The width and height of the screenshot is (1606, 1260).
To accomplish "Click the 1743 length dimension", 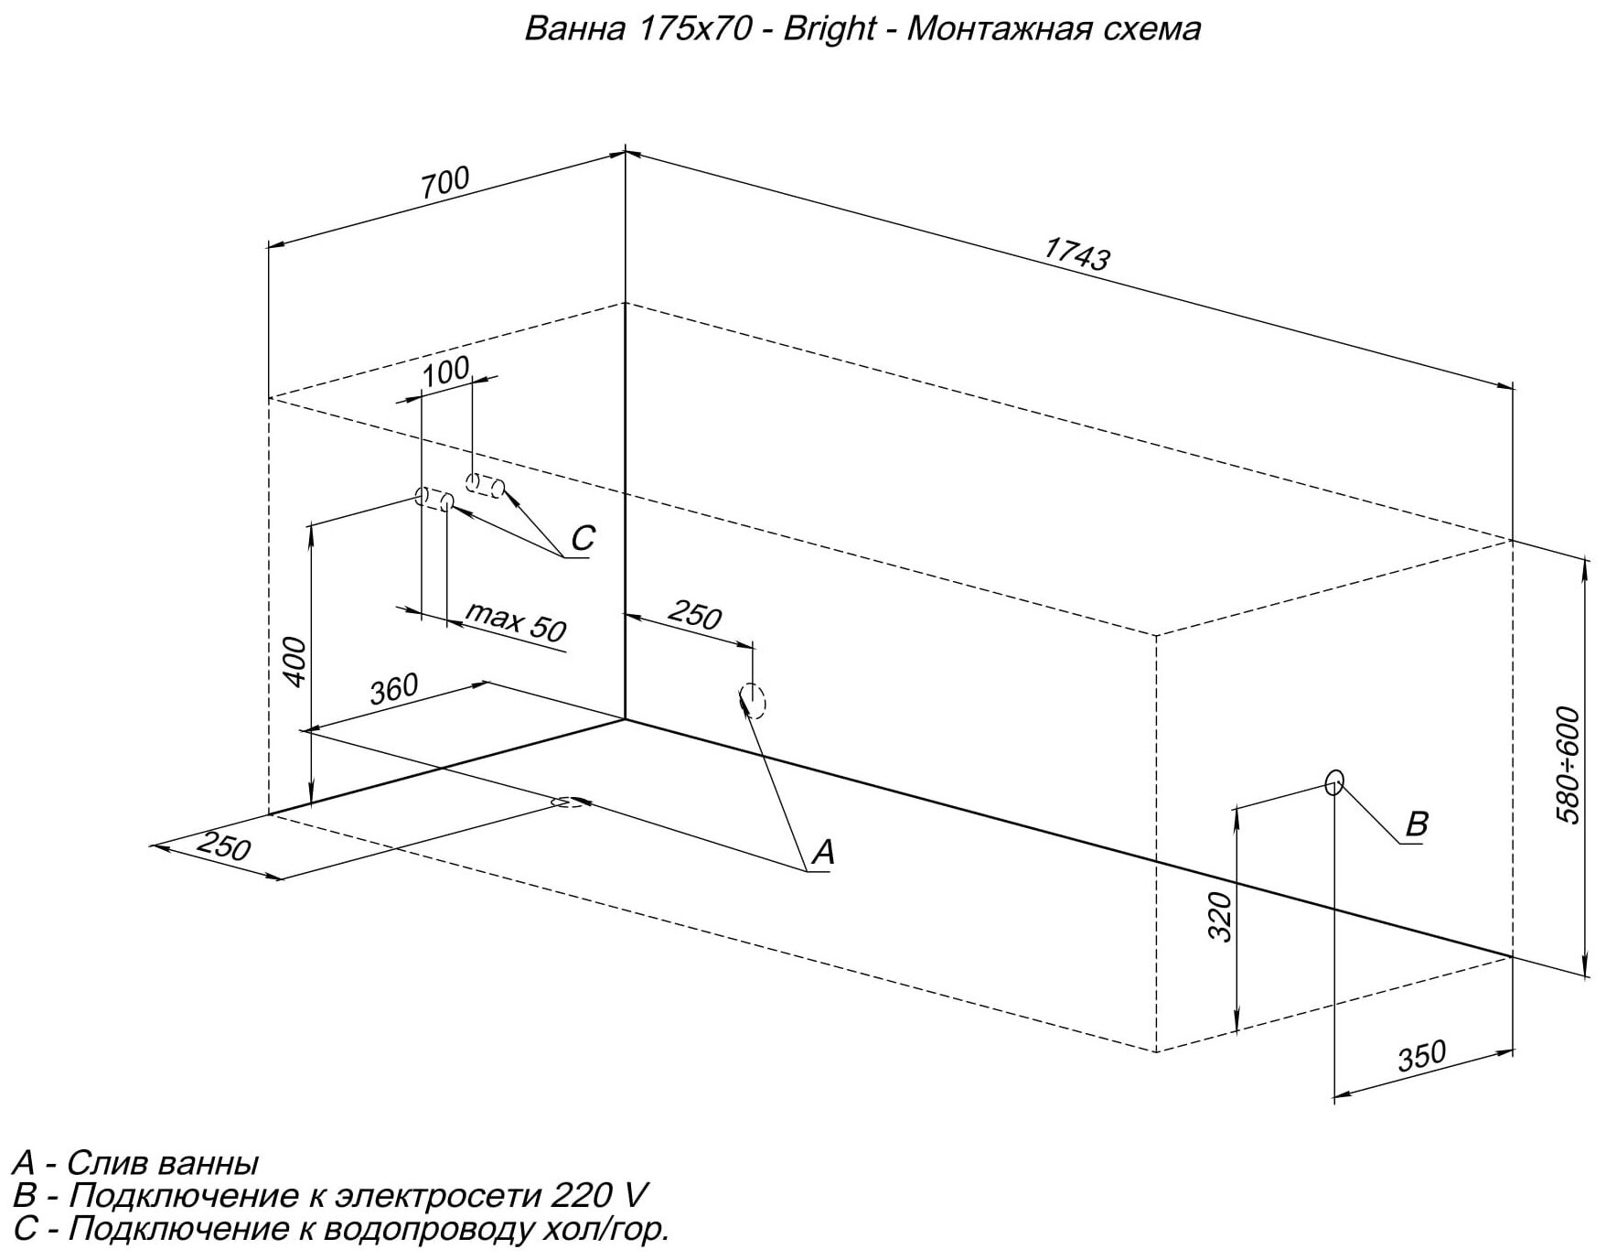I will (1077, 253).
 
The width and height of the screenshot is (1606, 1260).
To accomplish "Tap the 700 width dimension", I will (445, 181).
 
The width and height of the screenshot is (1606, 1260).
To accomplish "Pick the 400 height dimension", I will (294, 661).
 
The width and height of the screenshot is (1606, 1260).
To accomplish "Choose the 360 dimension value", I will (393, 688).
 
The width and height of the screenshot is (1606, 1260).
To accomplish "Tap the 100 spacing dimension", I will (446, 372).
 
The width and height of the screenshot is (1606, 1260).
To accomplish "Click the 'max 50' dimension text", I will (517, 622).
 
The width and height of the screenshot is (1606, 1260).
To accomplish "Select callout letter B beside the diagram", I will (1416, 824).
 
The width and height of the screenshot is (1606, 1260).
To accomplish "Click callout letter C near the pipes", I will (583, 538).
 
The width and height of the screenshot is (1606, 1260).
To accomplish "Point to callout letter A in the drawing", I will (823, 853).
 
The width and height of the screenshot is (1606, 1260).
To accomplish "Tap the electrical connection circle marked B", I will (1334, 782).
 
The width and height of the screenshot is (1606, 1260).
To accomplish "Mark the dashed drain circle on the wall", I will (753, 701).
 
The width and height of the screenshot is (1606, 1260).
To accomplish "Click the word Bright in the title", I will (830, 29).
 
